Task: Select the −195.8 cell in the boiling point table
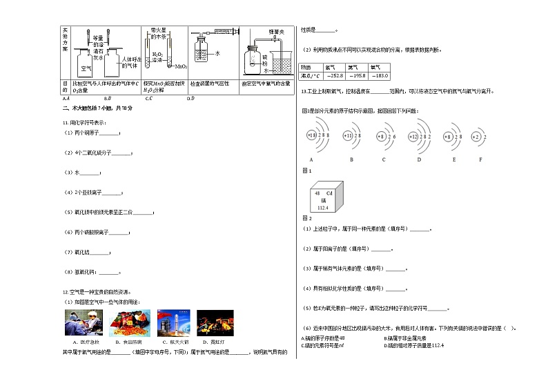[x=358, y=76]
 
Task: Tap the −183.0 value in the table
[x=380, y=76]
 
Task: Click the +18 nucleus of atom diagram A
[x=311, y=137]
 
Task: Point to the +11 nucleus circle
[x=349, y=137]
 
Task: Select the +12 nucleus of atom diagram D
[x=414, y=137]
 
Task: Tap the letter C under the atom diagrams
[x=383, y=159]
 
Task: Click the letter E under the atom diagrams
[x=453, y=159]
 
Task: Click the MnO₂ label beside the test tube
[x=182, y=67]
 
